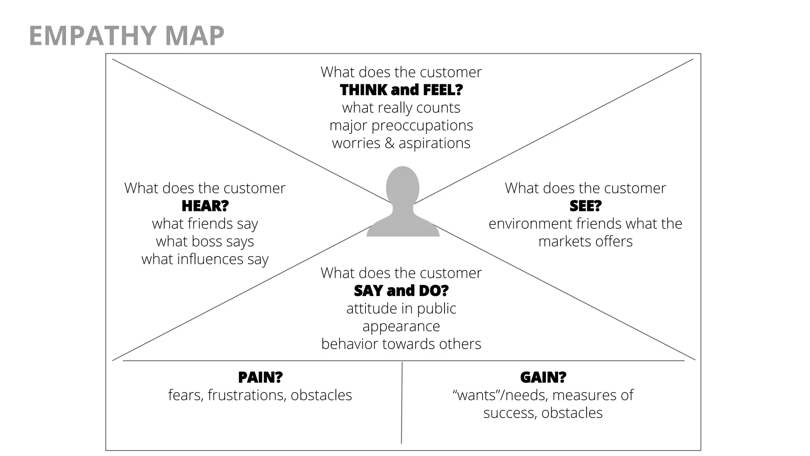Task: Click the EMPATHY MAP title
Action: point(127,36)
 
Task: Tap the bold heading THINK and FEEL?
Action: point(401,90)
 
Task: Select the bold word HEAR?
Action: point(205,206)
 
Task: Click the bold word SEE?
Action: point(585,206)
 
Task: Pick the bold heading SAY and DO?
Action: point(401,291)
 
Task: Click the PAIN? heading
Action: point(260,378)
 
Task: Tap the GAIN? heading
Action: point(543,378)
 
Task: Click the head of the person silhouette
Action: point(403,186)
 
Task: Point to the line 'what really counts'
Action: point(401,108)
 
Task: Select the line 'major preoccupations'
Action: point(401,125)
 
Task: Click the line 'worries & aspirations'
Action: point(401,143)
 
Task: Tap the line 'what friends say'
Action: point(205,224)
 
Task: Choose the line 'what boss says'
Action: point(205,241)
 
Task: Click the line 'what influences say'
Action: point(205,259)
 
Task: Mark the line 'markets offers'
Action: point(585,241)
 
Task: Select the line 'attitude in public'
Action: point(401,308)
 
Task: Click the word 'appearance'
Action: point(401,326)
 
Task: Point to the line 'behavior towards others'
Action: point(401,344)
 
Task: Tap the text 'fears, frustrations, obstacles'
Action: point(260,395)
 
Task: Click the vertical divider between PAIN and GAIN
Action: point(402,404)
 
